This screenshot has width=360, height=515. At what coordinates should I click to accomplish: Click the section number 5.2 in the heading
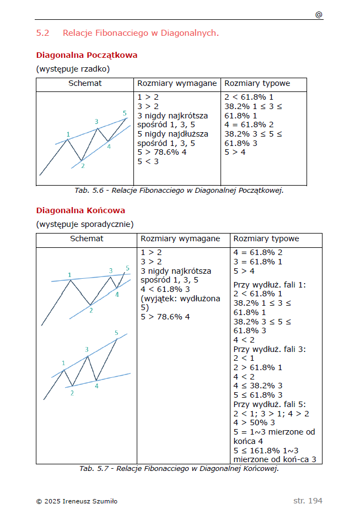42,33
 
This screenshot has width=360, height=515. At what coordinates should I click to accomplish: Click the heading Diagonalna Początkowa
87,55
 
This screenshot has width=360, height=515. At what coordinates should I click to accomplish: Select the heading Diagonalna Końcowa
80,210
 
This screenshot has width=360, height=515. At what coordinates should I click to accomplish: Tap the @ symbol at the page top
319,15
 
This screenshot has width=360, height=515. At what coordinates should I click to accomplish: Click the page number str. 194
308,501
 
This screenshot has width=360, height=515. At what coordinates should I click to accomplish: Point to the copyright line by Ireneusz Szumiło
77,501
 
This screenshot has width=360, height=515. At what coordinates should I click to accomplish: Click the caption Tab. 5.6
179,191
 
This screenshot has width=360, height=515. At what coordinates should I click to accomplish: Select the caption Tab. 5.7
179,469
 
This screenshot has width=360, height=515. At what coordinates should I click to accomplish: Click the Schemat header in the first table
85,84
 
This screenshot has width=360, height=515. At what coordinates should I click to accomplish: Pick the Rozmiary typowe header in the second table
266,239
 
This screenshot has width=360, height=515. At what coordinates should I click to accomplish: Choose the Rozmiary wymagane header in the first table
177,84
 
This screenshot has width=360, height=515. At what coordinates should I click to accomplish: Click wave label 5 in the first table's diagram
125,113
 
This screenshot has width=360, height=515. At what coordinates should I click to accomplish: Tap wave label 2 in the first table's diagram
82,165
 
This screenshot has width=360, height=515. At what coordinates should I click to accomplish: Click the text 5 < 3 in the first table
148,161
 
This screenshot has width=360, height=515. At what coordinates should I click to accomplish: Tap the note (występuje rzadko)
73,69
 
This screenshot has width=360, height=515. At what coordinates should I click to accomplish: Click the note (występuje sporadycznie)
85,224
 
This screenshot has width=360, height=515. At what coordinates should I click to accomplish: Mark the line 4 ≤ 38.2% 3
258,386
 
